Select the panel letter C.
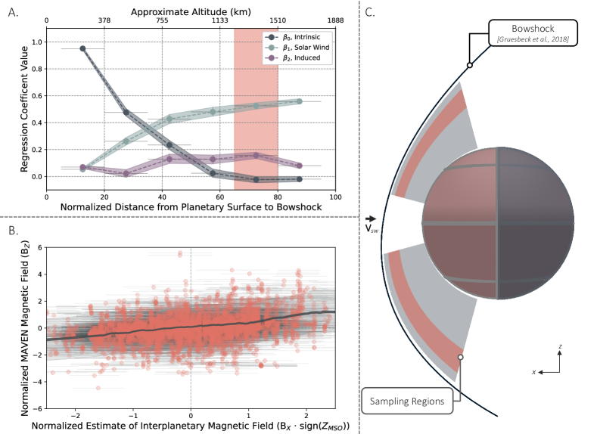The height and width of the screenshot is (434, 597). (369, 12)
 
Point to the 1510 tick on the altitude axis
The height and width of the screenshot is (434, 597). (278, 22)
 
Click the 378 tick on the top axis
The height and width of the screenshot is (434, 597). (104, 22)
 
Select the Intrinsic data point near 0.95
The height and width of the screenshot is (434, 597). (82, 48)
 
